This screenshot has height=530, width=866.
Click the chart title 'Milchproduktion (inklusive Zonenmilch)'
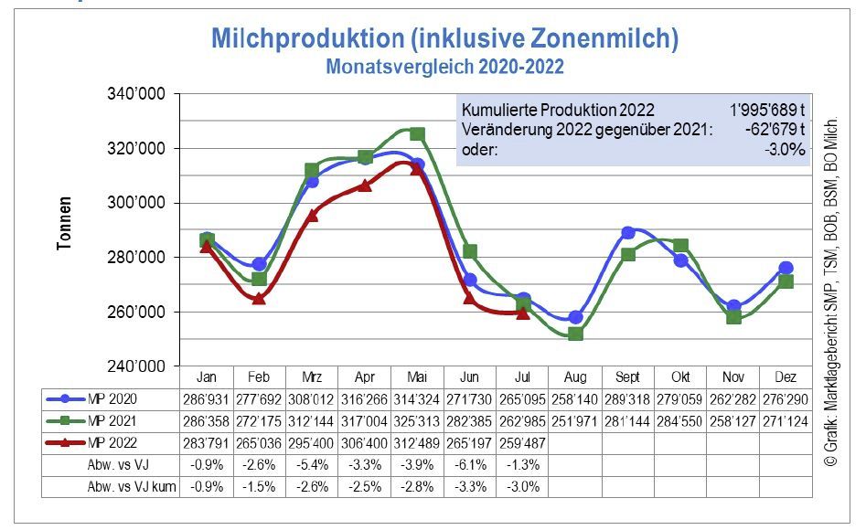click(444, 39)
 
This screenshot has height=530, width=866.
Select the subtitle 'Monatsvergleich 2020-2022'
click(444, 67)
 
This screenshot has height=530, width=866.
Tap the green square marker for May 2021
click(417, 134)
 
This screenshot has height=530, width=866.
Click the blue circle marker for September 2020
click(628, 233)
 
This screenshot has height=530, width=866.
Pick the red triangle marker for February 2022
click(259, 298)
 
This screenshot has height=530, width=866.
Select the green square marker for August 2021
click(575, 334)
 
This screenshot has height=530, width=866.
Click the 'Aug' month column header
click(574, 376)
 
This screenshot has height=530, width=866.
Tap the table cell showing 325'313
click(417, 421)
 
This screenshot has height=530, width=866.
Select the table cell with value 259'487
click(521, 444)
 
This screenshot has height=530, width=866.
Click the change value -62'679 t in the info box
click(775, 130)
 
